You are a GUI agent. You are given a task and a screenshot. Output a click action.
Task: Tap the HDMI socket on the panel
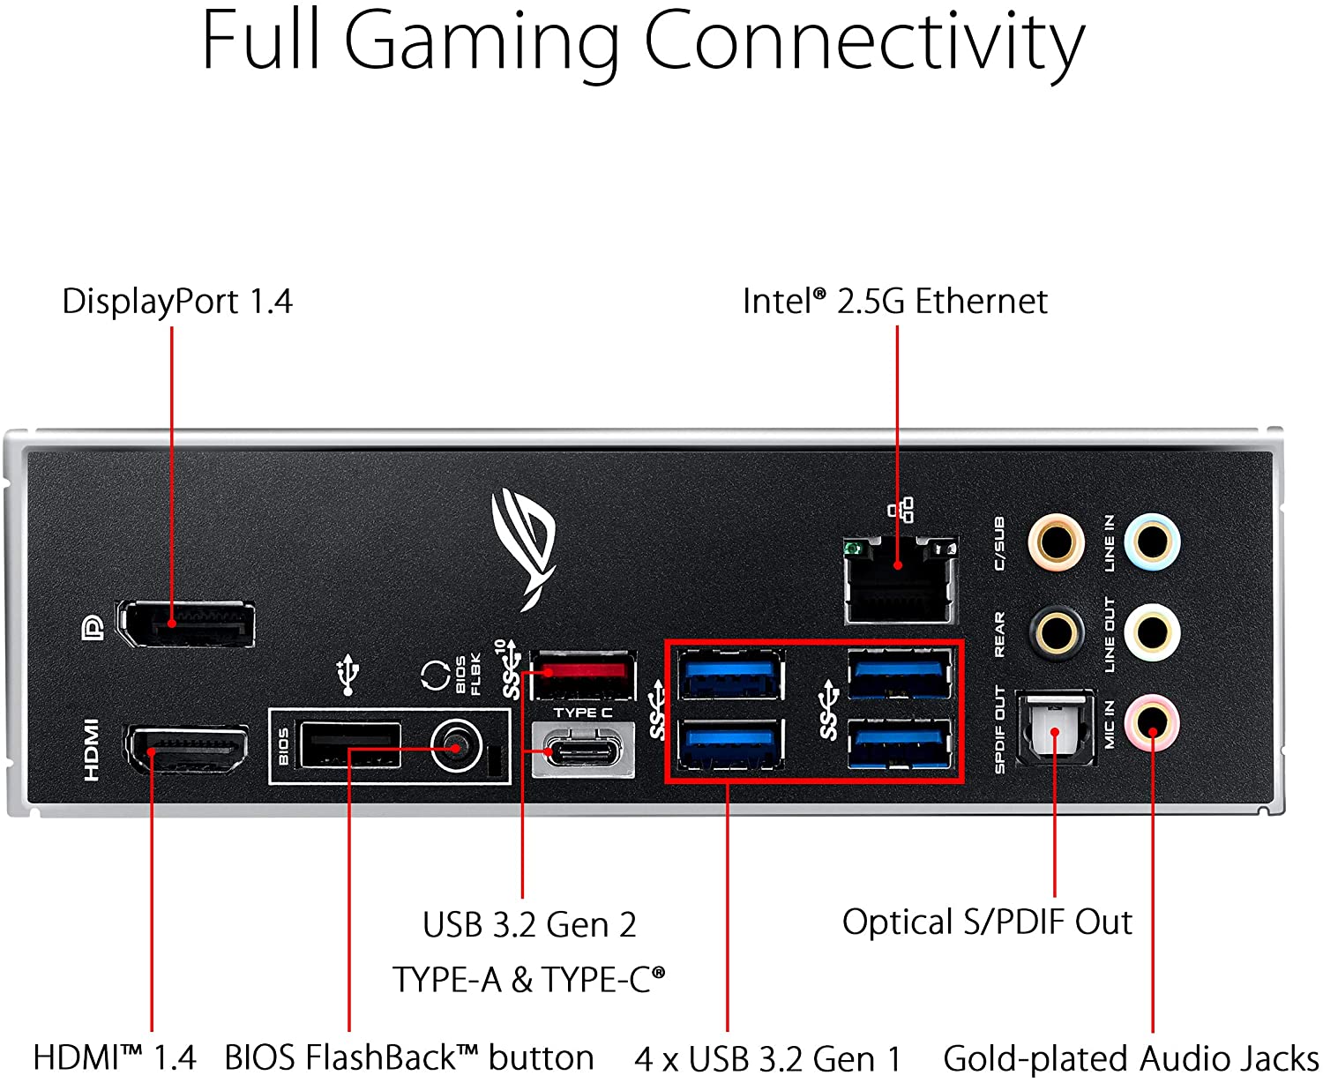(x=187, y=750)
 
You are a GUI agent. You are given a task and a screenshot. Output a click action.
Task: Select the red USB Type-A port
(x=583, y=676)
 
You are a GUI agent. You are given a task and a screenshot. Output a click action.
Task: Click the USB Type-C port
(x=583, y=751)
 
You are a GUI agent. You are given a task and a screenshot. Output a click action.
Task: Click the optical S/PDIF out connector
(x=1055, y=729)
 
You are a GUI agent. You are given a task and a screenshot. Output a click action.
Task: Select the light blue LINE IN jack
(x=1152, y=541)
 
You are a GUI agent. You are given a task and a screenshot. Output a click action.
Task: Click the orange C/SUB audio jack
(x=1056, y=541)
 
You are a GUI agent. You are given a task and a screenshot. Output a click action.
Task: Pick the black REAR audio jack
(x=1056, y=632)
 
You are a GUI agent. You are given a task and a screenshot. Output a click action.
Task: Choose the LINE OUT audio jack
(x=1152, y=632)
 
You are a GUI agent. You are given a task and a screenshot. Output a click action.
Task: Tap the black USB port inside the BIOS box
(x=350, y=746)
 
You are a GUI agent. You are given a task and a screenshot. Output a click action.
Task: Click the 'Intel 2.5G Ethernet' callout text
(x=894, y=302)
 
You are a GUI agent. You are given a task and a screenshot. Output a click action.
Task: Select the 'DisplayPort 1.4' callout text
(x=176, y=302)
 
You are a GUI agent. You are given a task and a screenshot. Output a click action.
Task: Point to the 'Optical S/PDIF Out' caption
(x=987, y=922)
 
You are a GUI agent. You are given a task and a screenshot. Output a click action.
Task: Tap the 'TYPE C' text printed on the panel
(x=582, y=713)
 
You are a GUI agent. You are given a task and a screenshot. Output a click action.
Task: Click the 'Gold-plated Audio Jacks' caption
(x=1131, y=1057)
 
